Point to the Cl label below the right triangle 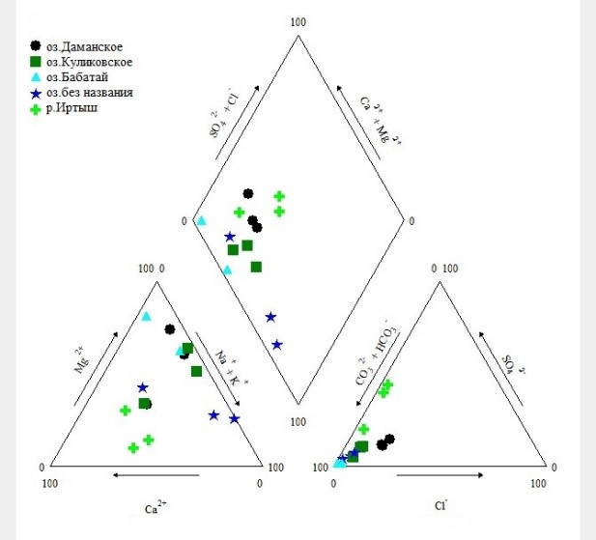[x=440, y=504]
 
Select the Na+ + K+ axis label [x=228, y=367]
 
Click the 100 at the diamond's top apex [x=298, y=21]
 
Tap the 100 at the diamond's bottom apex [x=298, y=423]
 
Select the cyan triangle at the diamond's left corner [x=202, y=220]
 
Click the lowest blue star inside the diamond [x=277, y=344]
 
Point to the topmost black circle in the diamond [x=248, y=194]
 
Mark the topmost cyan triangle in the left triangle [x=147, y=316]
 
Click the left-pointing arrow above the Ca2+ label [x=156, y=475]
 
